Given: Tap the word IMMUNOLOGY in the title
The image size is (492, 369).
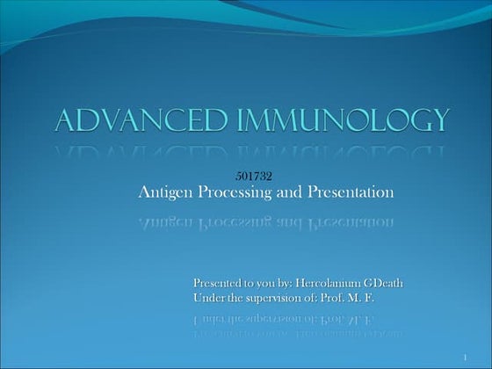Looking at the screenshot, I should coord(344,120).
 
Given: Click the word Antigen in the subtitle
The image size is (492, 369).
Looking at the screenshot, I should coord(164,192).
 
